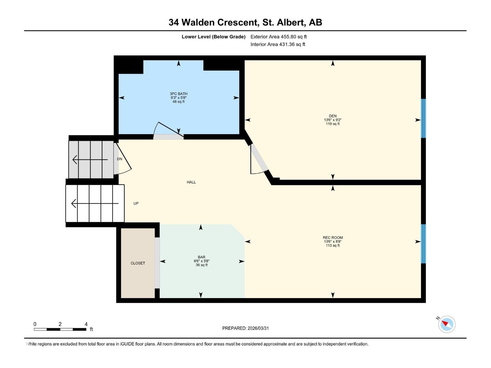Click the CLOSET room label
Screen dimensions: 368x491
pos(138,263)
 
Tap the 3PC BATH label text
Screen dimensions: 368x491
pos(178,94)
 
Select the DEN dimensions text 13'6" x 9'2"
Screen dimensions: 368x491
pos(333,120)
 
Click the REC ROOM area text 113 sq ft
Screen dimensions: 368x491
pos(333,245)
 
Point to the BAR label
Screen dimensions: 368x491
pos(202,257)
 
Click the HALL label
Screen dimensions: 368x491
pos(191,182)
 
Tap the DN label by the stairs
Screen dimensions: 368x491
pos(120,159)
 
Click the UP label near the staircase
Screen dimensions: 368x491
pos(136,203)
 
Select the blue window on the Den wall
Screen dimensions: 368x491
pos(423,118)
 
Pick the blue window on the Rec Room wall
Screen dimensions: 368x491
pos(423,244)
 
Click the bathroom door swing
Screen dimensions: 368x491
pos(167,130)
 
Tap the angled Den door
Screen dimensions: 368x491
pos(259,159)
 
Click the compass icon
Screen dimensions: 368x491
pos(447,324)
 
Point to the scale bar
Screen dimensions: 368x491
pos(60,329)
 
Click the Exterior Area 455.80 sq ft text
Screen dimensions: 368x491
pos(278,37)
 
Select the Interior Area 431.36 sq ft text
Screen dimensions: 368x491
pos(278,44)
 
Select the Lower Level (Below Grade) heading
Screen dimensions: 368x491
pos(213,37)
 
